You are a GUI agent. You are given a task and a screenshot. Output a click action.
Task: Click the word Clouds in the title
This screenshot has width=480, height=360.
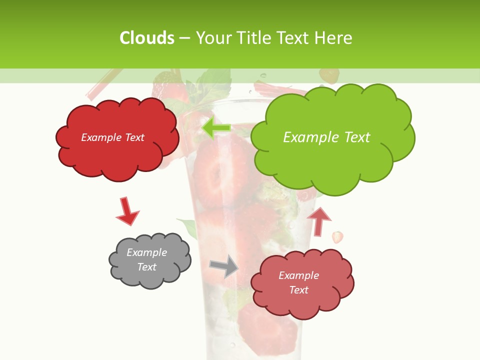click(147, 38)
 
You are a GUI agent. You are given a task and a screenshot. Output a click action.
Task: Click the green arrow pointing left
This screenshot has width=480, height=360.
click(216, 128)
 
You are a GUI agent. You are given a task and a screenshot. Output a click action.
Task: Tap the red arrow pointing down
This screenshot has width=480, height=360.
click(127, 211)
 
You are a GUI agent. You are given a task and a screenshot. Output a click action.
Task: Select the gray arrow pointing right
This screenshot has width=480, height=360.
click(224, 266)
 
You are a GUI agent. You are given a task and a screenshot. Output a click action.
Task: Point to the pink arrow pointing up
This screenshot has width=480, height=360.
click(318, 221)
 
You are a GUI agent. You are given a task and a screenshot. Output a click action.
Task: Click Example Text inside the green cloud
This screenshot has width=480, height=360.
click(326, 137)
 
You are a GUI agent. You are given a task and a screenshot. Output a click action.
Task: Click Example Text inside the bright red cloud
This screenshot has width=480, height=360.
click(112, 137)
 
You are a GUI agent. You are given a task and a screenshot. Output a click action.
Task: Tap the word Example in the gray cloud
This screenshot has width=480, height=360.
click(146, 252)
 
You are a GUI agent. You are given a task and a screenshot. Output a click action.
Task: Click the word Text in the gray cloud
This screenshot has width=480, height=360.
click(146, 267)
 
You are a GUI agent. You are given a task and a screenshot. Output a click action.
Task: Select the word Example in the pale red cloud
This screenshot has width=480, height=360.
click(298, 275)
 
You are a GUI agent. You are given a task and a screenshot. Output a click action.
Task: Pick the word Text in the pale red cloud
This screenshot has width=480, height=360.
click(298, 290)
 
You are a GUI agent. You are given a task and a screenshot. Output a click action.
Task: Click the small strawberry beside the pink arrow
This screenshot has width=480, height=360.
click(338, 236)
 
